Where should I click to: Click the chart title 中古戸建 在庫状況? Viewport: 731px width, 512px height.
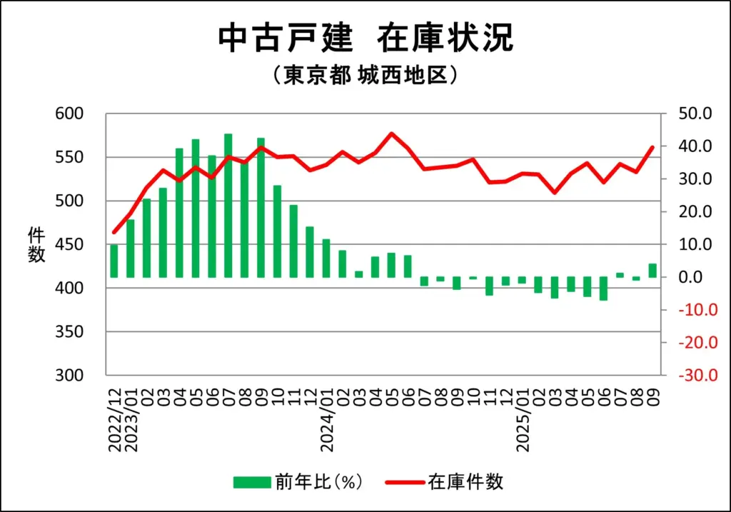click(365, 39)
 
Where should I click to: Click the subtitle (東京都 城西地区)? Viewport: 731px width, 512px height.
click(365, 76)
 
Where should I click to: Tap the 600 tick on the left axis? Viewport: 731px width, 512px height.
click(70, 114)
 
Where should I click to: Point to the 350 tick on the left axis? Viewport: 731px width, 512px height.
click(70, 332)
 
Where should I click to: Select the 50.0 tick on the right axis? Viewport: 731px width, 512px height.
click(695, 114)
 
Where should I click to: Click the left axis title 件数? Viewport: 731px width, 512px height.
click(36, 244)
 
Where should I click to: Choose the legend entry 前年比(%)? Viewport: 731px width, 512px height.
click(299, 482)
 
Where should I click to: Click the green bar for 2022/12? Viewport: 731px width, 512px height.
click(114, 261)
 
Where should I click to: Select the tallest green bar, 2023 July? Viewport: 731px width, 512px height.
click(228, 206)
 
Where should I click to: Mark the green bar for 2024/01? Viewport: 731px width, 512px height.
click(326, 258)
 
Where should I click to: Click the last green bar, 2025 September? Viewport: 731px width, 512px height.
click(652, 271)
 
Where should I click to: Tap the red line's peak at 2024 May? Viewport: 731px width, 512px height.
click(391, 134)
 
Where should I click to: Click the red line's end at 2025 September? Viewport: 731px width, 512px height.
click(652, 147)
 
